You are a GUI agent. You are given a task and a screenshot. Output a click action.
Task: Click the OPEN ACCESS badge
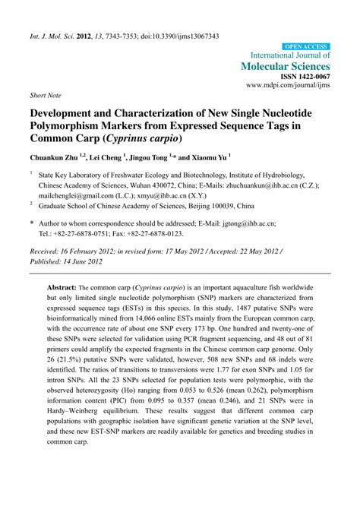coord(306,46)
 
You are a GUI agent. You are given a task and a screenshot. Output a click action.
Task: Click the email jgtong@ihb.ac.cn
coord(246,225)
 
